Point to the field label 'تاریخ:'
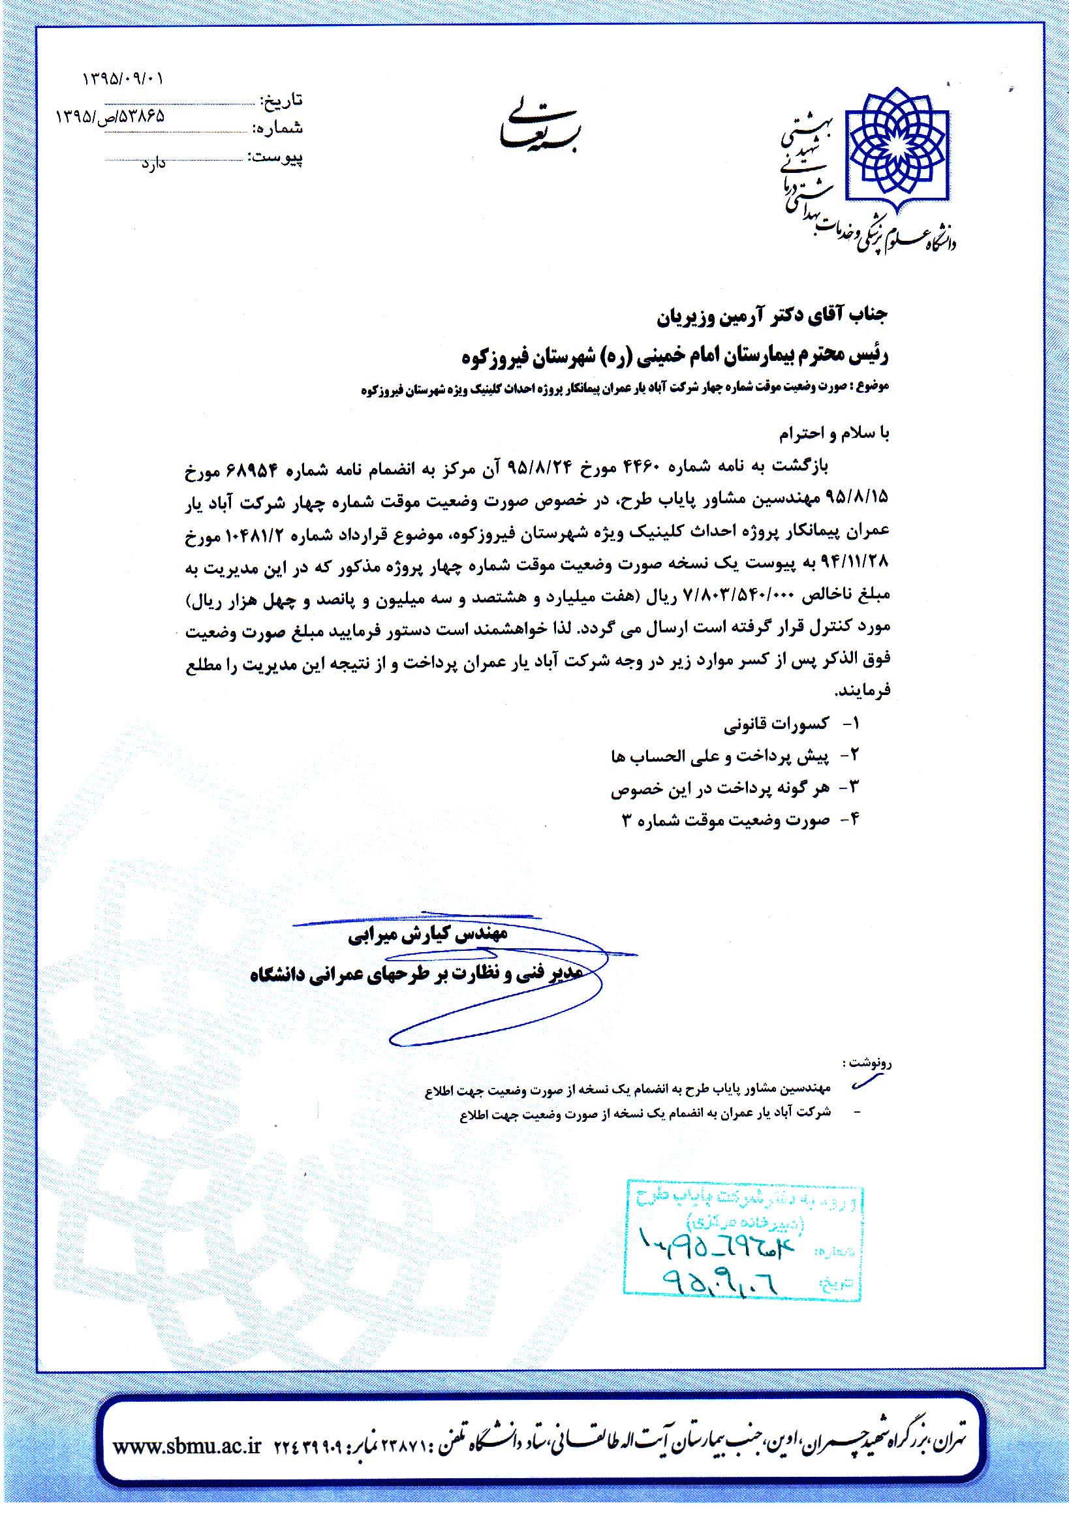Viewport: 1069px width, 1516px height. (282, 101)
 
